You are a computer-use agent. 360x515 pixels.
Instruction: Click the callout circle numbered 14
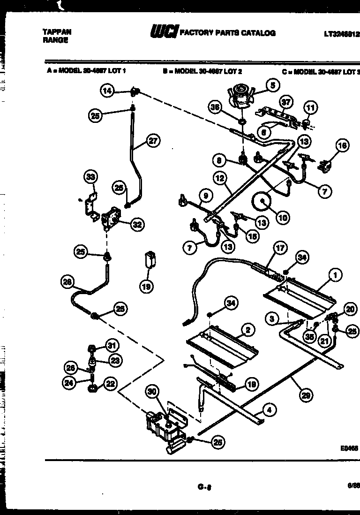coord(108,91)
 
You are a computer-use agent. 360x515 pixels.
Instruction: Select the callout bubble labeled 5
coord(272,85)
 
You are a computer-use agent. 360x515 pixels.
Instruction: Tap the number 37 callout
coord(285,102)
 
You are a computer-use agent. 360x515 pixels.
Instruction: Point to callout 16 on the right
coord(342,146)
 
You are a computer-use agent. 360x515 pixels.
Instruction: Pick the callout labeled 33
coord(90,177)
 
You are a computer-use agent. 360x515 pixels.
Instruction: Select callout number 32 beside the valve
coord(136,225)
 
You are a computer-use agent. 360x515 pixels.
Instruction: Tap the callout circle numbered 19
coord(147,286)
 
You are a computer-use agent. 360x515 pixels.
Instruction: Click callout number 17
coord(280,249)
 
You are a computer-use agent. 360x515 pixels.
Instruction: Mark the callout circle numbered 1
coord(335,276)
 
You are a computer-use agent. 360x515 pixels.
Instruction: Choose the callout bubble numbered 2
coord(247,330)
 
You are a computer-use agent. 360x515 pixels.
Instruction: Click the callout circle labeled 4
coord(269,410)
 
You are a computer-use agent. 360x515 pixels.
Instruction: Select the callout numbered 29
coord(306,396)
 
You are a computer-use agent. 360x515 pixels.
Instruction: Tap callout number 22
coord(110,385)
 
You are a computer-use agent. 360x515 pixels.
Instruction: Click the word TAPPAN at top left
coord(57,31)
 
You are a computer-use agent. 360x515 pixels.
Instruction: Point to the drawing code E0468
coord(349,448)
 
